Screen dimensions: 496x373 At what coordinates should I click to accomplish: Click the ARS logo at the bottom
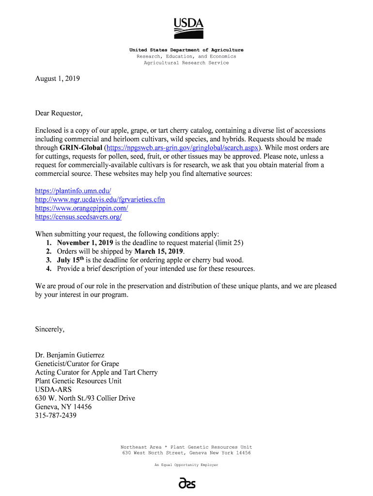186,483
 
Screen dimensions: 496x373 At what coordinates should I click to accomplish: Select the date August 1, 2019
57,78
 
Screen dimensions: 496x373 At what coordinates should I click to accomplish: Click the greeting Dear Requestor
59,113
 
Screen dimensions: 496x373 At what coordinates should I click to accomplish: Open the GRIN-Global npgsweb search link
183,148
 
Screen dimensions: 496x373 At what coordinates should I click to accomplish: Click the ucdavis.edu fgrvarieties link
100,200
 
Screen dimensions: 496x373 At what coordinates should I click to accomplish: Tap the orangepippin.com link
81,208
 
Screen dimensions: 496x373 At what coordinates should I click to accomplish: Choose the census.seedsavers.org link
78,217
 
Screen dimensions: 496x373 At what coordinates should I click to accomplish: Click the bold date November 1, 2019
85,243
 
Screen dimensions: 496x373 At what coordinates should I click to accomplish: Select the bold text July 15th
71,260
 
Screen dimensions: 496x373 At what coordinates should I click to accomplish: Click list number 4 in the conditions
48,269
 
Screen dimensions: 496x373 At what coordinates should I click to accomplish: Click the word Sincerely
49,329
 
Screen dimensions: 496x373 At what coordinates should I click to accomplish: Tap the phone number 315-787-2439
56,416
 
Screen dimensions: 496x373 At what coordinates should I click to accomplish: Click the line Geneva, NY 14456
63,407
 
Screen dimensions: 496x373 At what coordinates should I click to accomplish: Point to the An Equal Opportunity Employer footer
186,465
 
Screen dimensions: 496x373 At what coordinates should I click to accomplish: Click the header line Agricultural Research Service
186,63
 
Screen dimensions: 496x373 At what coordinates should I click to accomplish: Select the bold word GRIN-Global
81,148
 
